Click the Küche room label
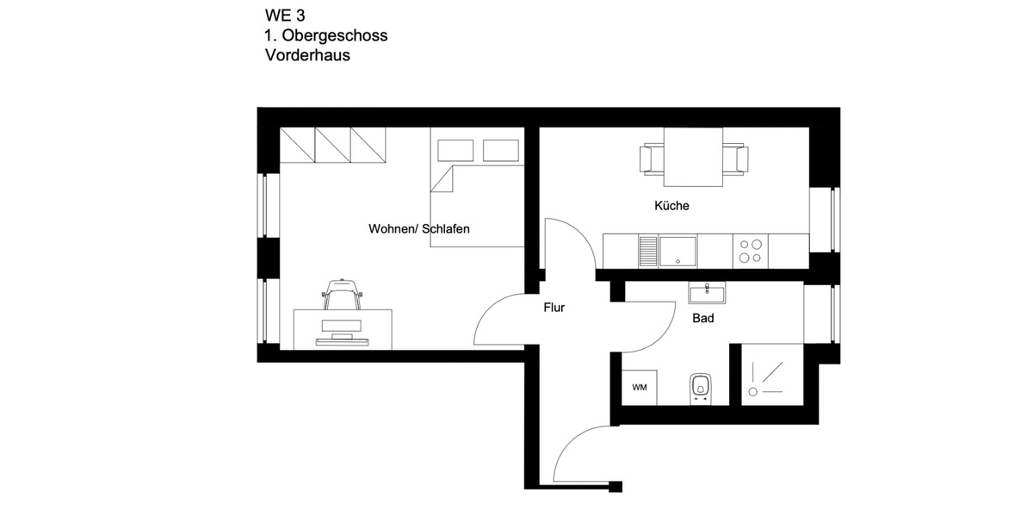click(x=671, y=206)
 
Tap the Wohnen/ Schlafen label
click(x=419, y=228)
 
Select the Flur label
click(x=554, y=308)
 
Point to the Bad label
click(x=703, y=318)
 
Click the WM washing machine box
click(x=640, y=387)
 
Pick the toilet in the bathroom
click(x=700, y=388)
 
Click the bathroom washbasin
click(x=707, y=294)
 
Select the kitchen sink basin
click(x=677, y=250)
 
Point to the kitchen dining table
click(x=693, y=158)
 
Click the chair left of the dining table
click(x=651, y=159)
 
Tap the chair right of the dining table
click(x=736, y=159)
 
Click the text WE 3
click(x=285, y=15)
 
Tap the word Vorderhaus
click(x=307, y=56)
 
